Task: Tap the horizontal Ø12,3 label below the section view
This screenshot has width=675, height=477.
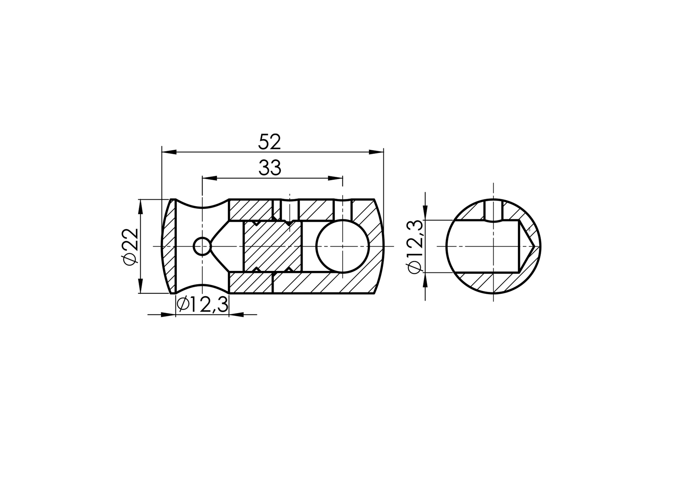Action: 202,305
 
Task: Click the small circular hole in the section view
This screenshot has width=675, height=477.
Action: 202,246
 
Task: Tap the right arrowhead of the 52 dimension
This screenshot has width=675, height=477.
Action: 376,151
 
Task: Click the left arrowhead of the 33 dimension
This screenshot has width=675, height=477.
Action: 209,178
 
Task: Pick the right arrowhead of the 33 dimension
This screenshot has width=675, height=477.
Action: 335,178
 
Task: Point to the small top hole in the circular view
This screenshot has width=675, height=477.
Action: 493,210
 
